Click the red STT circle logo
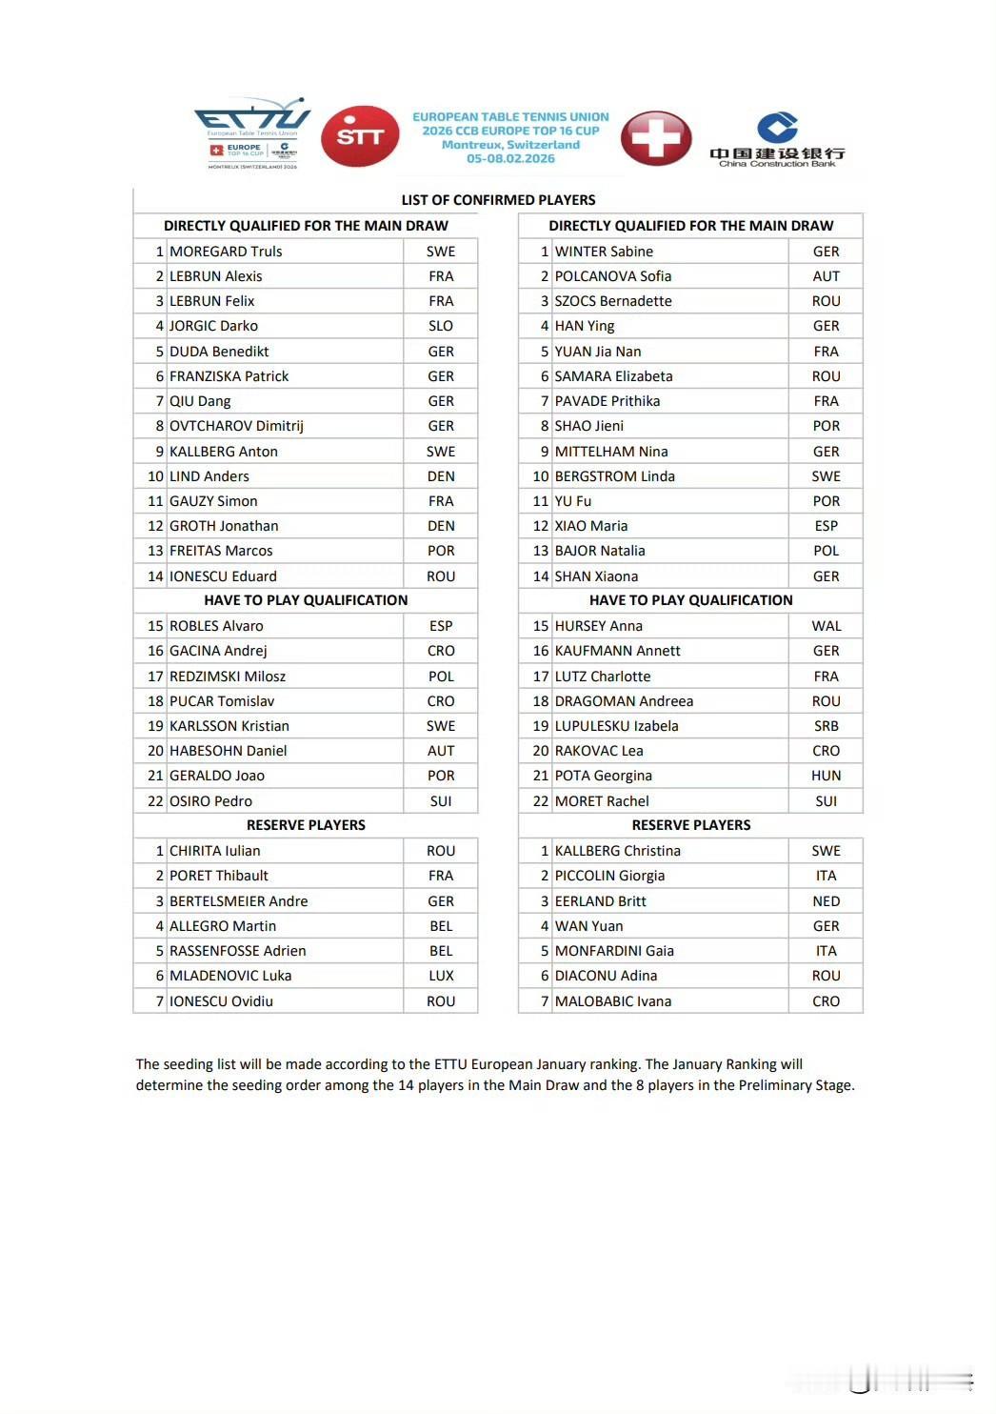tap(360, 136)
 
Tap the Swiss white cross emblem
tap(656, 138)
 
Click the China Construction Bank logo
tap(777, 140)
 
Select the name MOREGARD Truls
tap(226, 252)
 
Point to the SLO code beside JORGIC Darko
tap(441, 326)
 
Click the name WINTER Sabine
tap(604, 252)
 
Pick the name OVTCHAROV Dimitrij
tap(236, 426)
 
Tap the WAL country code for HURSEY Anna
tap(826, 626)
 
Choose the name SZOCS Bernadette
tap(613, 301)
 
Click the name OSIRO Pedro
tap(210, 801)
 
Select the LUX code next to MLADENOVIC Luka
tap(441, 976)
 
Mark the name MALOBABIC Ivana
tap(613, 1001)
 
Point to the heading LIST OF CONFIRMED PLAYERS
tap(498, 200)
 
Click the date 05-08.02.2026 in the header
tap(510, 159)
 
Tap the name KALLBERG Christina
tap(618, 851)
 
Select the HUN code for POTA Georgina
tap(826, 776)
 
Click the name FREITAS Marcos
tap(221, 551)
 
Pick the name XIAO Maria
tap(591, 526)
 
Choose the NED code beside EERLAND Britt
tap(826, 901)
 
